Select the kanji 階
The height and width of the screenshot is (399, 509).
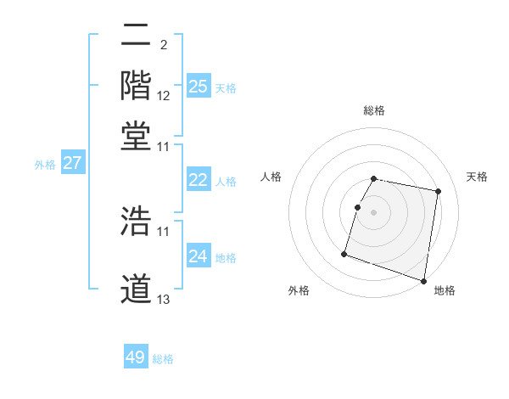pyautogui.click(x=137, y=85)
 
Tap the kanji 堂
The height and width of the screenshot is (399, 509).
pyautogui.click(x=137, y=136)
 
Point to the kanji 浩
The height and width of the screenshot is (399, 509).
pyautogui.click(x=137, y=220)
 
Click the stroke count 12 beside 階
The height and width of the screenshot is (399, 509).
pyautogui.click(x=164, y=96)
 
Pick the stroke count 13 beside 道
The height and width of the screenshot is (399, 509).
pyautogui.click(x=164, y=300)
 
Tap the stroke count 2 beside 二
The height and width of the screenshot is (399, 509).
pyautogui.click(x=163, y=44)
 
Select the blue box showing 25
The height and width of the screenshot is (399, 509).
pyautogui.click(x=199, y=86)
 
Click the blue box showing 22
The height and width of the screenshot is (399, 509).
pyautogui.click(x=199, y=180)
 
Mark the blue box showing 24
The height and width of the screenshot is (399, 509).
pyautogui.click(x=199, y=256)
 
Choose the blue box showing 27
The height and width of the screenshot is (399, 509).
pyautogui.click(x=72, y=163)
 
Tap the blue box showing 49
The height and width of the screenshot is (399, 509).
pyautogui.click(x=136, y=357)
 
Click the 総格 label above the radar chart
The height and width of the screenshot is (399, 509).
pyautogui.click(x=374, y=110)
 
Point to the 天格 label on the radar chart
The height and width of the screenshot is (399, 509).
pyautogui.click(x=477, y=177)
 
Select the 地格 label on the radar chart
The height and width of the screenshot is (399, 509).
pyautogui.click(x=445, y=290)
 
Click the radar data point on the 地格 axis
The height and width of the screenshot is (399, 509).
pyautogui.click(x=423, y=280)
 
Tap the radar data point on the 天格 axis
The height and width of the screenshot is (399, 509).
pyautogui.click(x=438, y=192)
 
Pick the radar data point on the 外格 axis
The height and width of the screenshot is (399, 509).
pyautogui.click(x=344, y=253)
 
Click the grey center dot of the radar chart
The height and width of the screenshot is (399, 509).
pyautogui.click(x=373, y=211)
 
